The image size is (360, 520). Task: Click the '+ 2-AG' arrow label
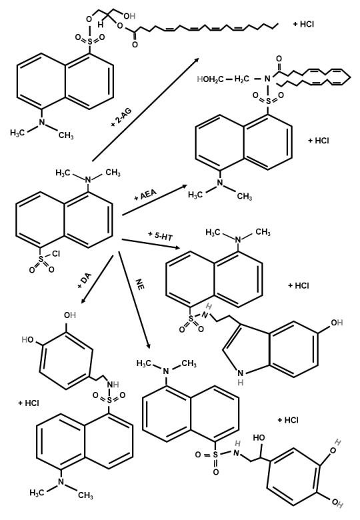click(x=121, y=118)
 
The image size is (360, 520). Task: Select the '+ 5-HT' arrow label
click(x=161, y=235)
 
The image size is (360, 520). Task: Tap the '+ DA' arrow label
click(x=84, y=281)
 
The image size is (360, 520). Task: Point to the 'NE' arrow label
click(x=140, y=285)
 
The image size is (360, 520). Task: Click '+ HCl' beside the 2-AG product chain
click(x=303, y=24)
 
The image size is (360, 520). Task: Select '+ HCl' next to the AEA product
click(x=318, y=141)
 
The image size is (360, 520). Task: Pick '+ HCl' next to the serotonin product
click(x=299, y=286)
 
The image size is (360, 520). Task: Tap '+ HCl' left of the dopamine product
click(x=29, y=403)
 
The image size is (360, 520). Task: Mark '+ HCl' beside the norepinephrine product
click(x=288, y=420)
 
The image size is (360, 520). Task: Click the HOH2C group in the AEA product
click(x=209, y=79)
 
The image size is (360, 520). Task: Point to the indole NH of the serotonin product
click(x=240, y=377)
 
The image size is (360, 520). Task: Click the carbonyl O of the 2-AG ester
click(x=135, y=44)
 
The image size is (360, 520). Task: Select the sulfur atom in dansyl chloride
click(x=41, y=259)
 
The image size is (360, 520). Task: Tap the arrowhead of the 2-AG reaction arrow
click(x=197, y=59)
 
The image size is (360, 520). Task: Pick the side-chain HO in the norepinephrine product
click(x=259, y=438)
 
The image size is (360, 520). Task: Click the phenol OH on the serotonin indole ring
click(x=336, y=323)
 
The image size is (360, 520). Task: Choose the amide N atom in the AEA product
click(x=267, y=79)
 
